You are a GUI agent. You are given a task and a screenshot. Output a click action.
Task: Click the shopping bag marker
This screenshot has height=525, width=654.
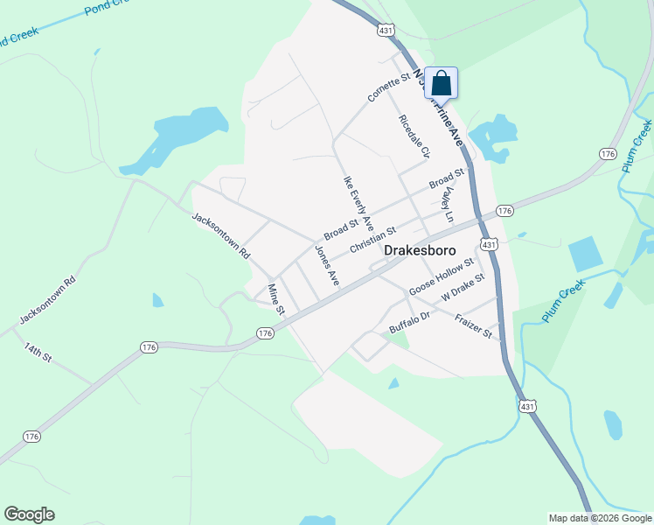(x=442, y=84)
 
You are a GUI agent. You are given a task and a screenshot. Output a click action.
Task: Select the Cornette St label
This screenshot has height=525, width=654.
(x=389, y=88)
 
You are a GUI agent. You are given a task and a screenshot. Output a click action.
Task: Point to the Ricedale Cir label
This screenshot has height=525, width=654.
(x=414, y=136)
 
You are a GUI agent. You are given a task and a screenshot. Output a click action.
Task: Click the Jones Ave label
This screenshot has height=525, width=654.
(x=327, y=266)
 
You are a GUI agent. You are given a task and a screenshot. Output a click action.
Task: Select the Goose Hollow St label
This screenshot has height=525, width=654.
(x=442, y=275)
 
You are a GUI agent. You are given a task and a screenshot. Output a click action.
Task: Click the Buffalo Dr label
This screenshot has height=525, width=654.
(x=410, y=322)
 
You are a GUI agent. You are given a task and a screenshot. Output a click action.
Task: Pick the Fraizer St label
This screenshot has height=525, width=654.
(x=475, y=328)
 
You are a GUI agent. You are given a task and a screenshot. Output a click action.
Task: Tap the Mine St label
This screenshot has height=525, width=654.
(x=276, y=299)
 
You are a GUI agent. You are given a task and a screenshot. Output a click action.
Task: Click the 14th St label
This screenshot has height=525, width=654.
(x=38, y=354)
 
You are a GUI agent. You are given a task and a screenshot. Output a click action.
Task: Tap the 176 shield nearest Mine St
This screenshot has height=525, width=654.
(x=267, y=333)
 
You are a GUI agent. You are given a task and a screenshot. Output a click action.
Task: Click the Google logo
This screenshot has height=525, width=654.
(x=29, y=514)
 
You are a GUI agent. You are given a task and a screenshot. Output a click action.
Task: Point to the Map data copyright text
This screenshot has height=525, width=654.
(x=599, y=518)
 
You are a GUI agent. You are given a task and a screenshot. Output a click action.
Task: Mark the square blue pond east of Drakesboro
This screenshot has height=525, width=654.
(x=586, y=254)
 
